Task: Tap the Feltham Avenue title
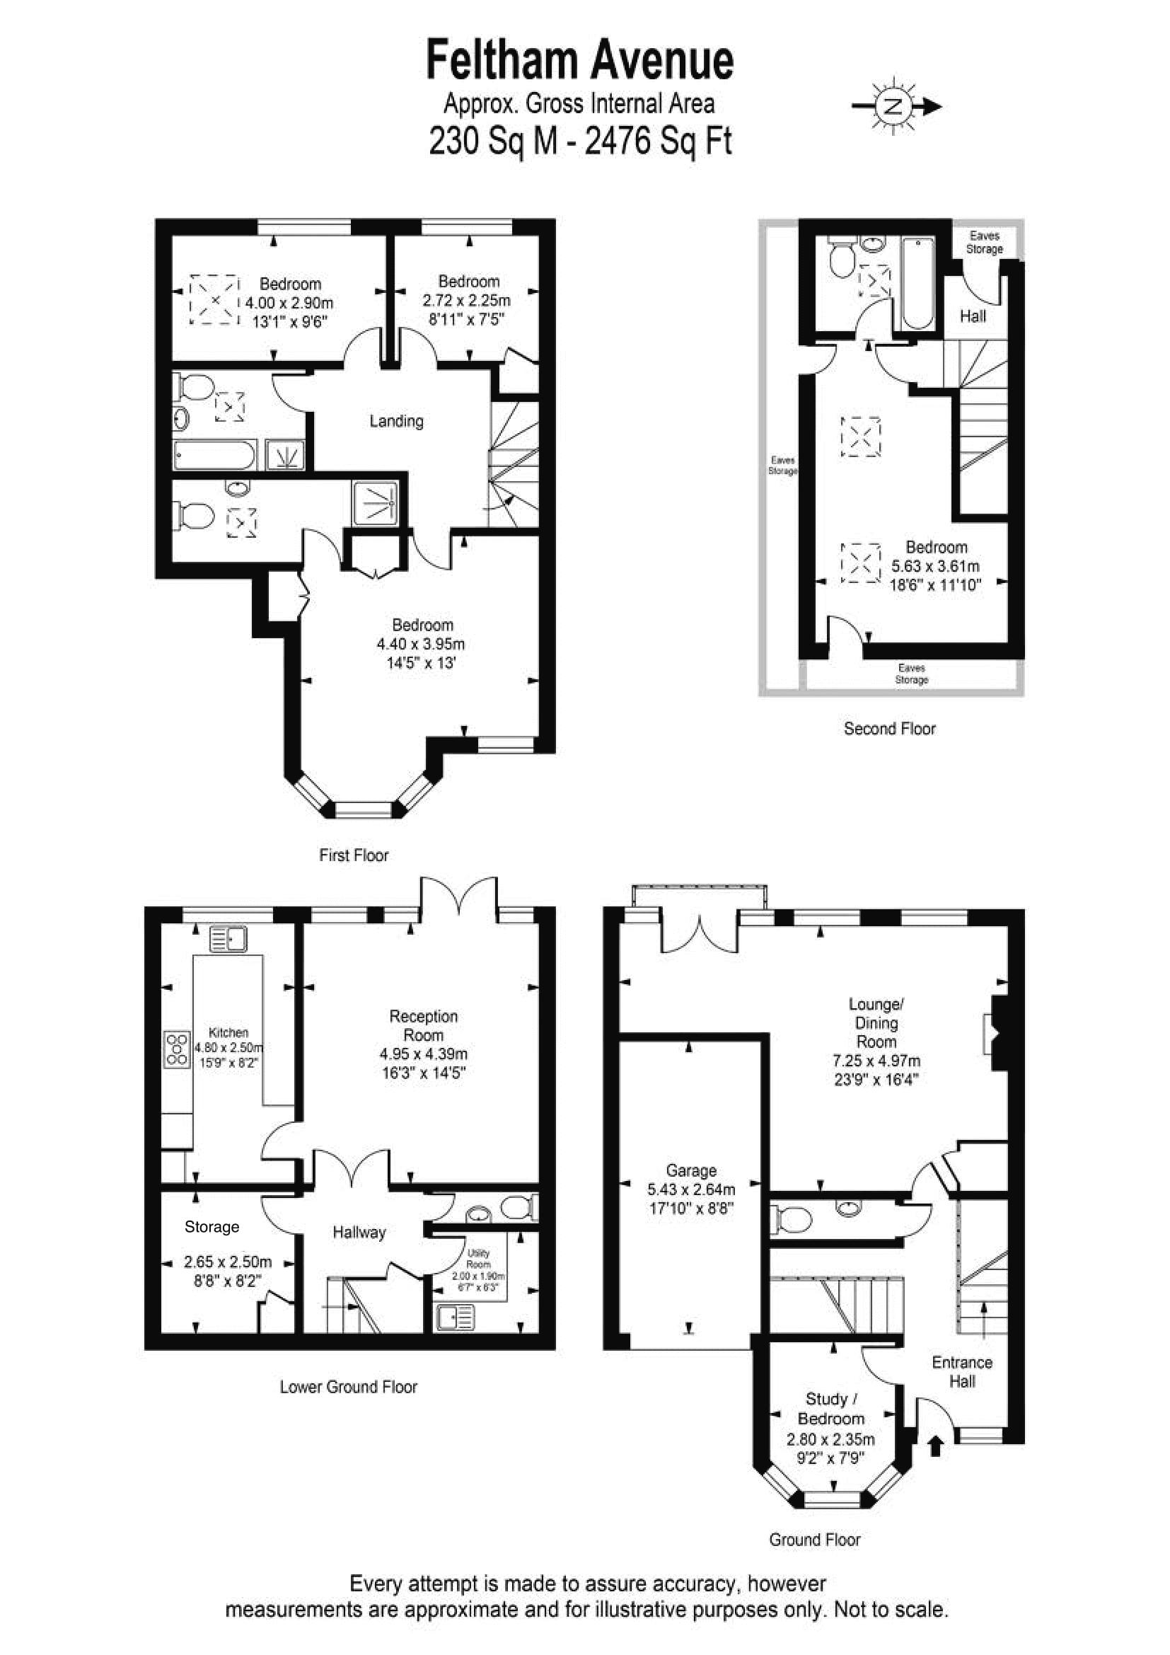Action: (x=580, y=60)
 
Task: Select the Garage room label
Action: (x=691, y=1170)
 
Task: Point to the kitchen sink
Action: (x=228, y=938)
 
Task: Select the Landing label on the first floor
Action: (x=396, y=420)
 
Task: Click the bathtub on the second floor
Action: (x=918, y=283)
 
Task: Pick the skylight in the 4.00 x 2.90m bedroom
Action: (x=214, y=299)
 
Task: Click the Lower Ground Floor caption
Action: (x=349, y=1386)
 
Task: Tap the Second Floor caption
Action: (x=890, y=728)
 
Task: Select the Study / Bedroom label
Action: (x=830, y=1409)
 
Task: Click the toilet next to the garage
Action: (x=792, y=1220)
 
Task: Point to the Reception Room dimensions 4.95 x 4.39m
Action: (x=424, y=1054)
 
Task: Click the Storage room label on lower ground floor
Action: (x=212, y=1226)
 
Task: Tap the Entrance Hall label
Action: (x=962, y=1372)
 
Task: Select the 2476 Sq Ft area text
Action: (x=658, y=141)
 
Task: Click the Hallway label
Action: (x=359, y=1232)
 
